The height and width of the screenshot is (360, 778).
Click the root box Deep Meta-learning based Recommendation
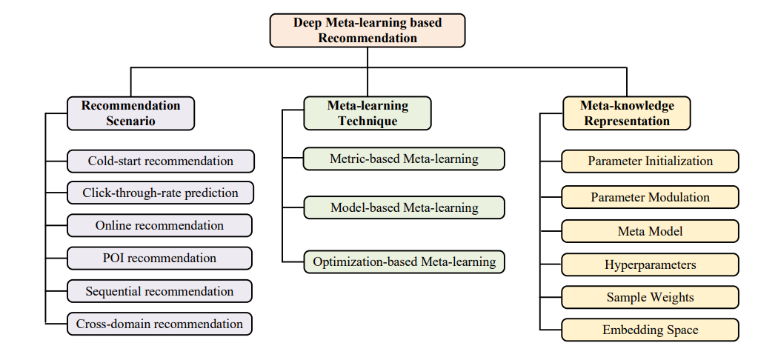pos(368,30)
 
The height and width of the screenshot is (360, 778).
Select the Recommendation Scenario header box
pos(130,113)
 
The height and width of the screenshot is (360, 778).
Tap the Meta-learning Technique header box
pos(368,113)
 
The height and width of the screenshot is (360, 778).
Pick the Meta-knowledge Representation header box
pos(627,113)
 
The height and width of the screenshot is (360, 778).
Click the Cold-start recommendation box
pos(160,161)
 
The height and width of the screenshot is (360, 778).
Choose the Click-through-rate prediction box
pos(160,193)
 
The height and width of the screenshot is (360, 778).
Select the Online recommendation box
pos(159,226)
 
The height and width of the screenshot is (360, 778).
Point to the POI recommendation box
pos(159,259)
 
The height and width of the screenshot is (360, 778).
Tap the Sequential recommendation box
pos(159,291)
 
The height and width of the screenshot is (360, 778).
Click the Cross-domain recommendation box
pos(159,324)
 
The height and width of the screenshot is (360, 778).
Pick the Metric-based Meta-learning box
pos(404,159)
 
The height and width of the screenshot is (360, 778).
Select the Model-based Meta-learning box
pos(404,207)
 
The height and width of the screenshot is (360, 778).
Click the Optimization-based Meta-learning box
pos(404,261)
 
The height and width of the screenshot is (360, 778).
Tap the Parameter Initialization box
pos(650,161)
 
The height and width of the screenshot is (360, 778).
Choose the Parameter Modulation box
pos(650,197)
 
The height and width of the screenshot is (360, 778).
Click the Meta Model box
pos(650,231)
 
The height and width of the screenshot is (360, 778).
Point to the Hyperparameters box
pos(650,264)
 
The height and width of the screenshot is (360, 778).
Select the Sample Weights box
pos(650,298)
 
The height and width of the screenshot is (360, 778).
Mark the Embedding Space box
pos(650,330)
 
